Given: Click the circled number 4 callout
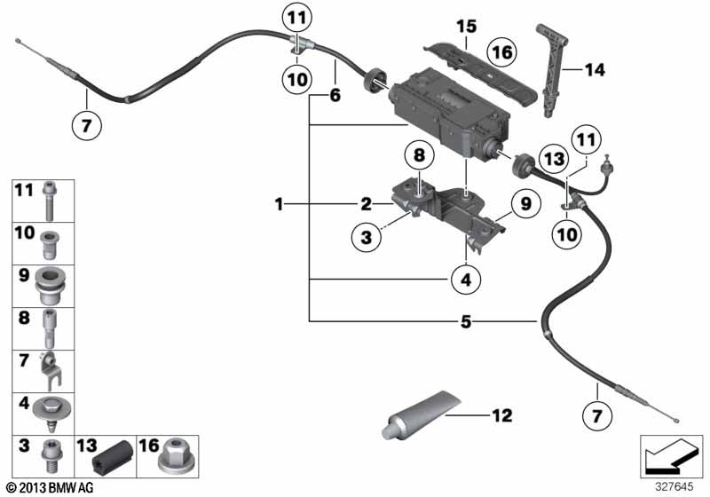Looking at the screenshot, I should pyautogui.click(x=465, y=281).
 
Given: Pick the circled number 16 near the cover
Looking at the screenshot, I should pyautogui.click(x=501, y=54).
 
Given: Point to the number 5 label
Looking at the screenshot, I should pyautogui.click(x=465, y=320).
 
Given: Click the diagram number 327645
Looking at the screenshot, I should pyautogui.click(x=674, y=485).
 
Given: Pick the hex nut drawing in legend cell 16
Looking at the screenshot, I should pyautogui.click(x=171, y=457).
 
